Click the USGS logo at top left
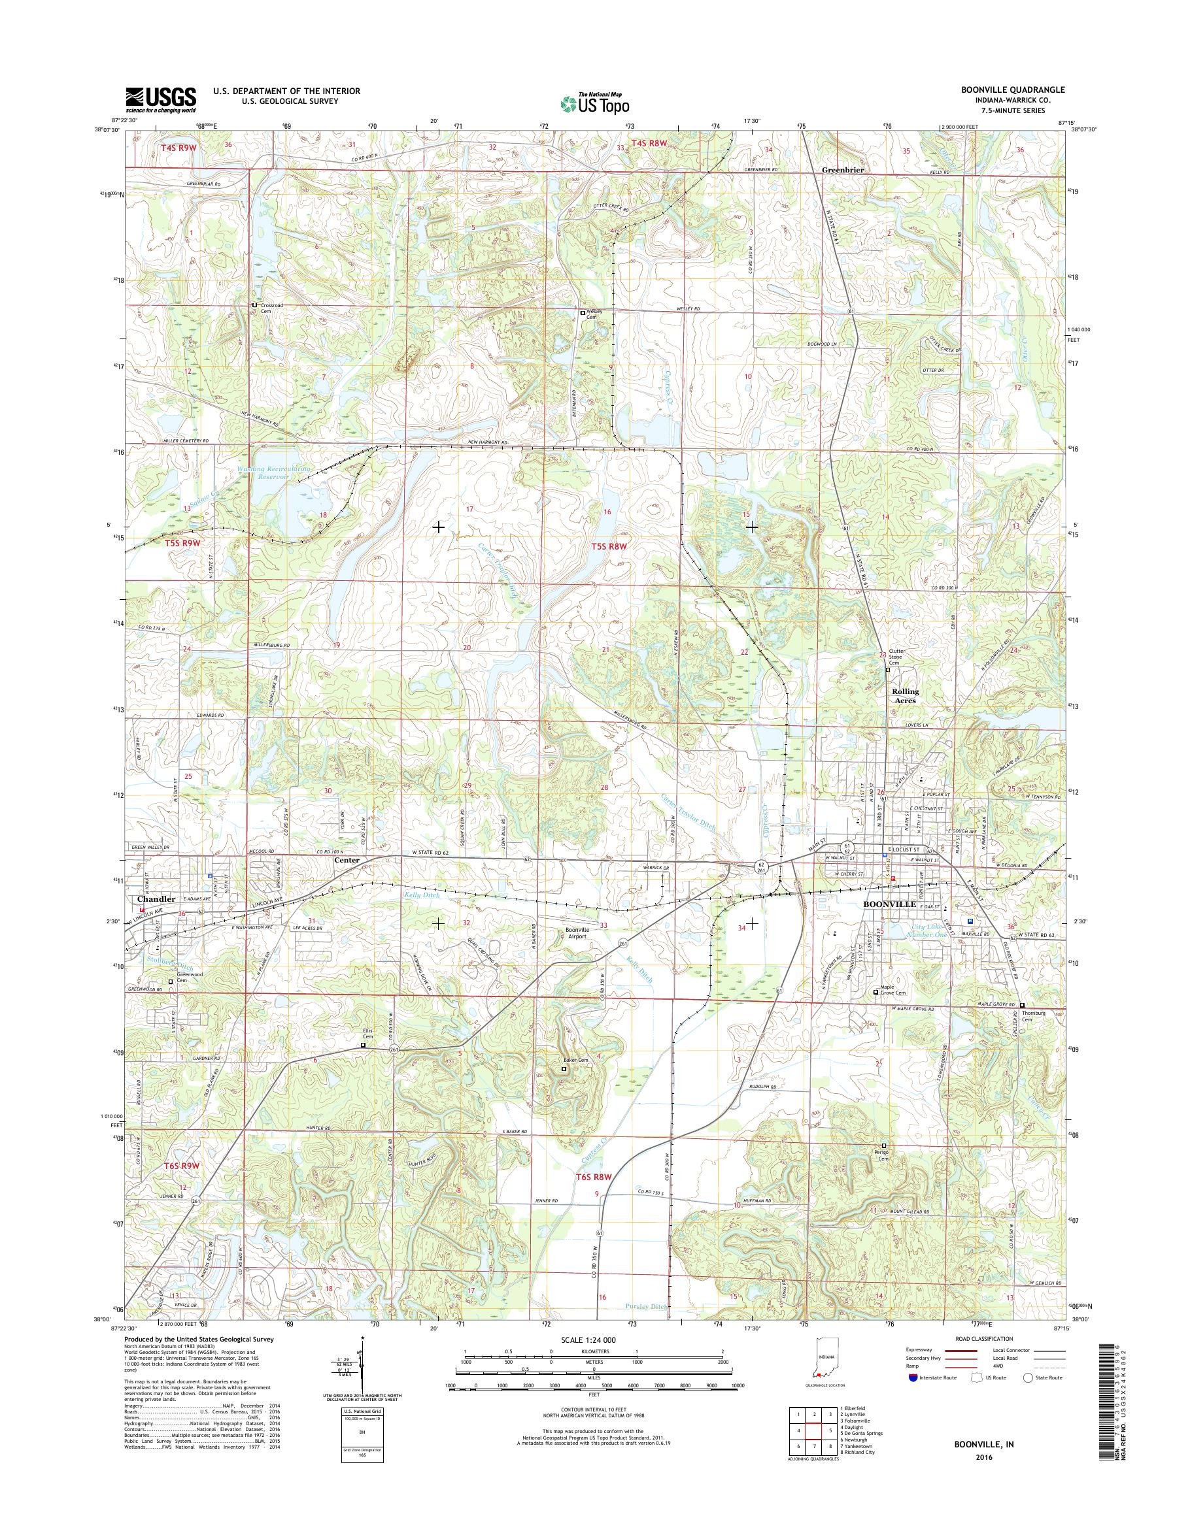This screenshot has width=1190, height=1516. [x=160, y=99]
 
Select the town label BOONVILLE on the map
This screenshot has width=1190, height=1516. [x=890, y=903]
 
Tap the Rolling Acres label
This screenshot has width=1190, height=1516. [x=905, y=696]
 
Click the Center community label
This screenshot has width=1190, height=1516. [x=347, y=860]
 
